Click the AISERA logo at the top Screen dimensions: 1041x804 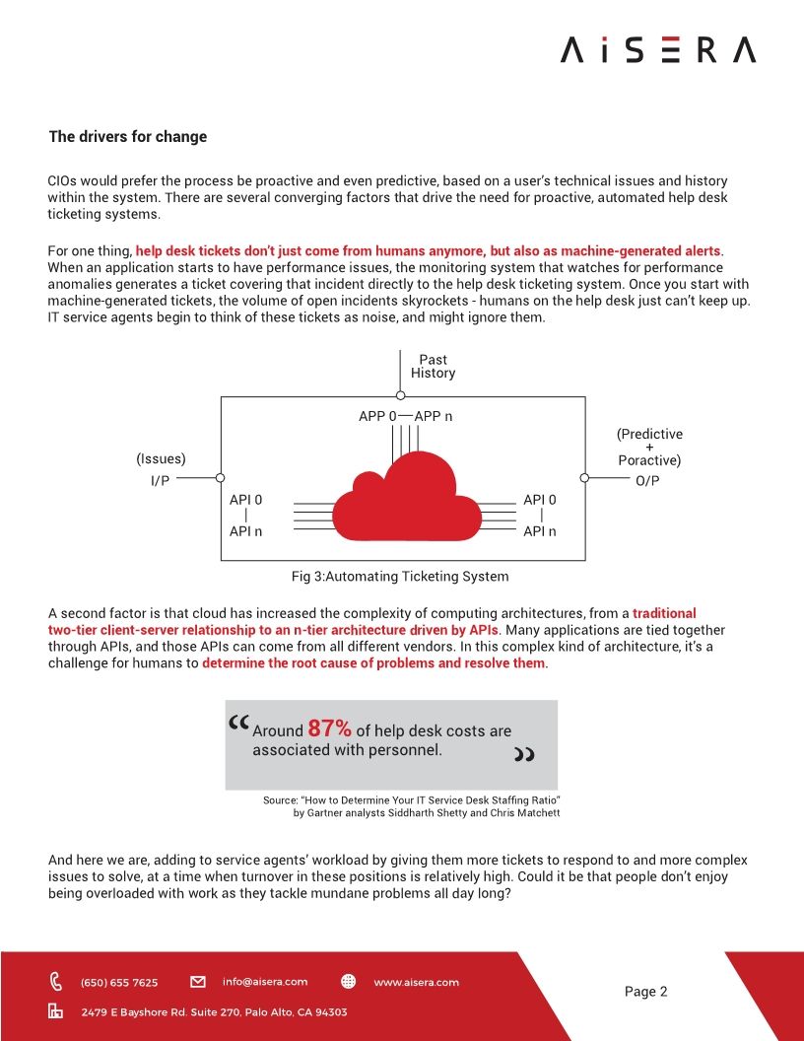pyautogui.click(x=658, y=49)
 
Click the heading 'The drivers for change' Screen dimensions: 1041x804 pyautogui.click(x=128, y=137)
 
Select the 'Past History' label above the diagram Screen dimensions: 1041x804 pyautogui.click(x=434, y=367)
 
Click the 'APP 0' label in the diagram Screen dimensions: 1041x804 pyautogui.click(x=377, y=416)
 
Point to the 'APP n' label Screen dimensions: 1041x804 pyautogui.click(x=434, y=416)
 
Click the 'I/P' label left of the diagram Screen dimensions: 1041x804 pyautogui.click(x=160, y=480)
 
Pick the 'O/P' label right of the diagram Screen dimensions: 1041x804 pyautogui.click(x=648, y=480)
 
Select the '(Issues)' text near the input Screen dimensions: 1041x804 pyautogui.click(x=161, y=458)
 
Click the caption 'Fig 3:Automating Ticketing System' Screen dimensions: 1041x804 pyautogui.click(x=400, y=576)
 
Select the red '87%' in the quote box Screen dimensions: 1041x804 pyautogui.click(x=329, y=729)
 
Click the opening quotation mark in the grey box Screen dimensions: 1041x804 pyautogui.click(x=238, y=725)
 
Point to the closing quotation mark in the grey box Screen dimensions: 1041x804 pyautogui.click(x=524, y=755)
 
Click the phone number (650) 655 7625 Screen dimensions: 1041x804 pyautogui.click(x=118, y=982)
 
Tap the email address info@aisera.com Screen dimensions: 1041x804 pyautogui.click(x=265, y=982)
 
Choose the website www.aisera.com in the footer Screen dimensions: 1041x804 pyautogui.click(x=416, y=982)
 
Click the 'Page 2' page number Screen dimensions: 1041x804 pyautogui.click(x=645, y=992)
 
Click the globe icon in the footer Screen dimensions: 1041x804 pyautogui.click(x=348, y=982)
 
